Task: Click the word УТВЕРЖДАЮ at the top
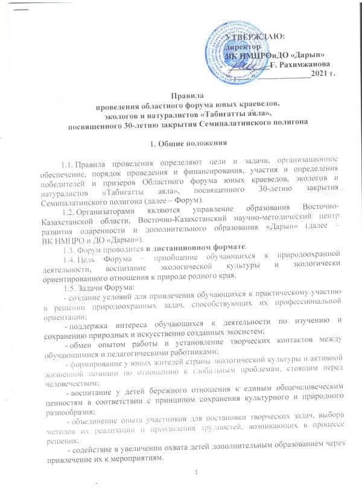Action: [x=252, y=37]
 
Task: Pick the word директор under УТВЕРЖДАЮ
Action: [x=243, y=46]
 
